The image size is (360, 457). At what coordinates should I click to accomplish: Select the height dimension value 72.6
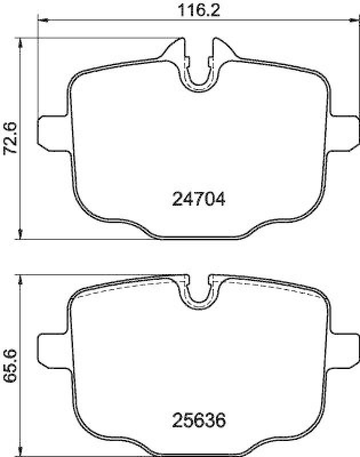pos(10,138)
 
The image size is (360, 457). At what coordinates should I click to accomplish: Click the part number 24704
pos(199,199)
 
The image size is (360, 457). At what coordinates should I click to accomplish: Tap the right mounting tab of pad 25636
pos(343,351)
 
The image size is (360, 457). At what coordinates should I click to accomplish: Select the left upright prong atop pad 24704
pos(182,49)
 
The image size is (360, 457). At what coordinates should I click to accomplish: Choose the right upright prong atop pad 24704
pos(217,49)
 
